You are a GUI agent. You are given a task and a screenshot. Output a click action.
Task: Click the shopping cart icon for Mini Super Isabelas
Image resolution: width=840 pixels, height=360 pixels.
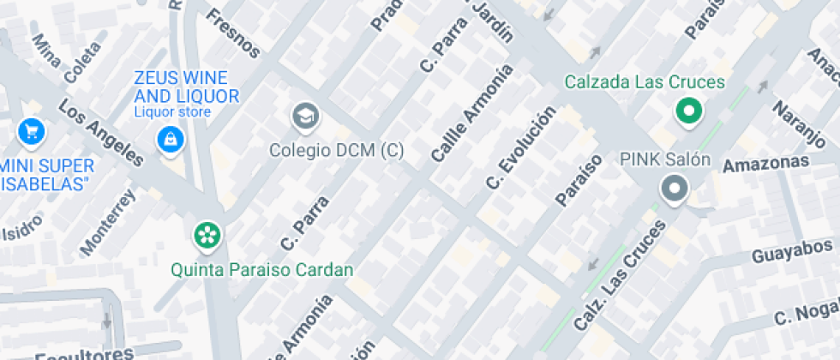tap(32, 131)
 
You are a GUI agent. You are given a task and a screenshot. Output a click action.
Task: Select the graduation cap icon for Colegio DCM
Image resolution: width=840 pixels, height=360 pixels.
tap(303, 116)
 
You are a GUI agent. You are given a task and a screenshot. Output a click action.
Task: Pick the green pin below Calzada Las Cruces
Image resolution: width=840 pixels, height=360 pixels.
tap(687, 111)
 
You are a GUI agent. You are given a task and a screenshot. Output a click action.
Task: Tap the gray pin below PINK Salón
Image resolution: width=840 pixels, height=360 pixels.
tap(674, 189)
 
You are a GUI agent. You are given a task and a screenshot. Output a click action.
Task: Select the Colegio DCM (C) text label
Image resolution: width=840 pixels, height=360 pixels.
tap(336, 150)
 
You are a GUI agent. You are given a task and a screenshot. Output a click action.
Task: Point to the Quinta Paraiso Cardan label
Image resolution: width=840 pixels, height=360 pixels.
tap(261, 270)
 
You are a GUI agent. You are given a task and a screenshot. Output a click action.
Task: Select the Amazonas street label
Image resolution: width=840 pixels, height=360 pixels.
tap(765, 164)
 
